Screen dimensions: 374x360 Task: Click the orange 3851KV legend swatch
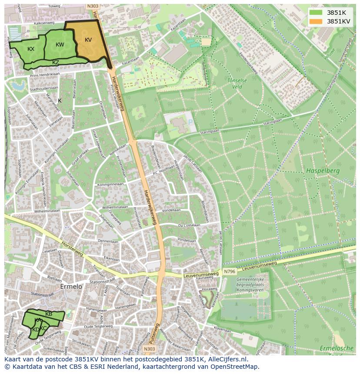[316, 21]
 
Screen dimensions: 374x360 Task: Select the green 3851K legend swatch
[316, 13]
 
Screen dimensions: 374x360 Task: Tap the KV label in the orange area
[88, 40]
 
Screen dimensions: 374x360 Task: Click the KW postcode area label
[60, 45]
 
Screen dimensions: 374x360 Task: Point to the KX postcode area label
[31, 49]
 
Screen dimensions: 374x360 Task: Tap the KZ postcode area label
[56, 63]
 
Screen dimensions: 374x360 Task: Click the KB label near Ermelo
[49, 314]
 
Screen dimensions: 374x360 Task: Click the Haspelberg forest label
[322, 171]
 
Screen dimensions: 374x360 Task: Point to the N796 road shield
[230, 272]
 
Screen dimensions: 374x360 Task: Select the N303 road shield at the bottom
[150, 349]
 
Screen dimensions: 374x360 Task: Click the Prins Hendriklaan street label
[45, 74]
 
